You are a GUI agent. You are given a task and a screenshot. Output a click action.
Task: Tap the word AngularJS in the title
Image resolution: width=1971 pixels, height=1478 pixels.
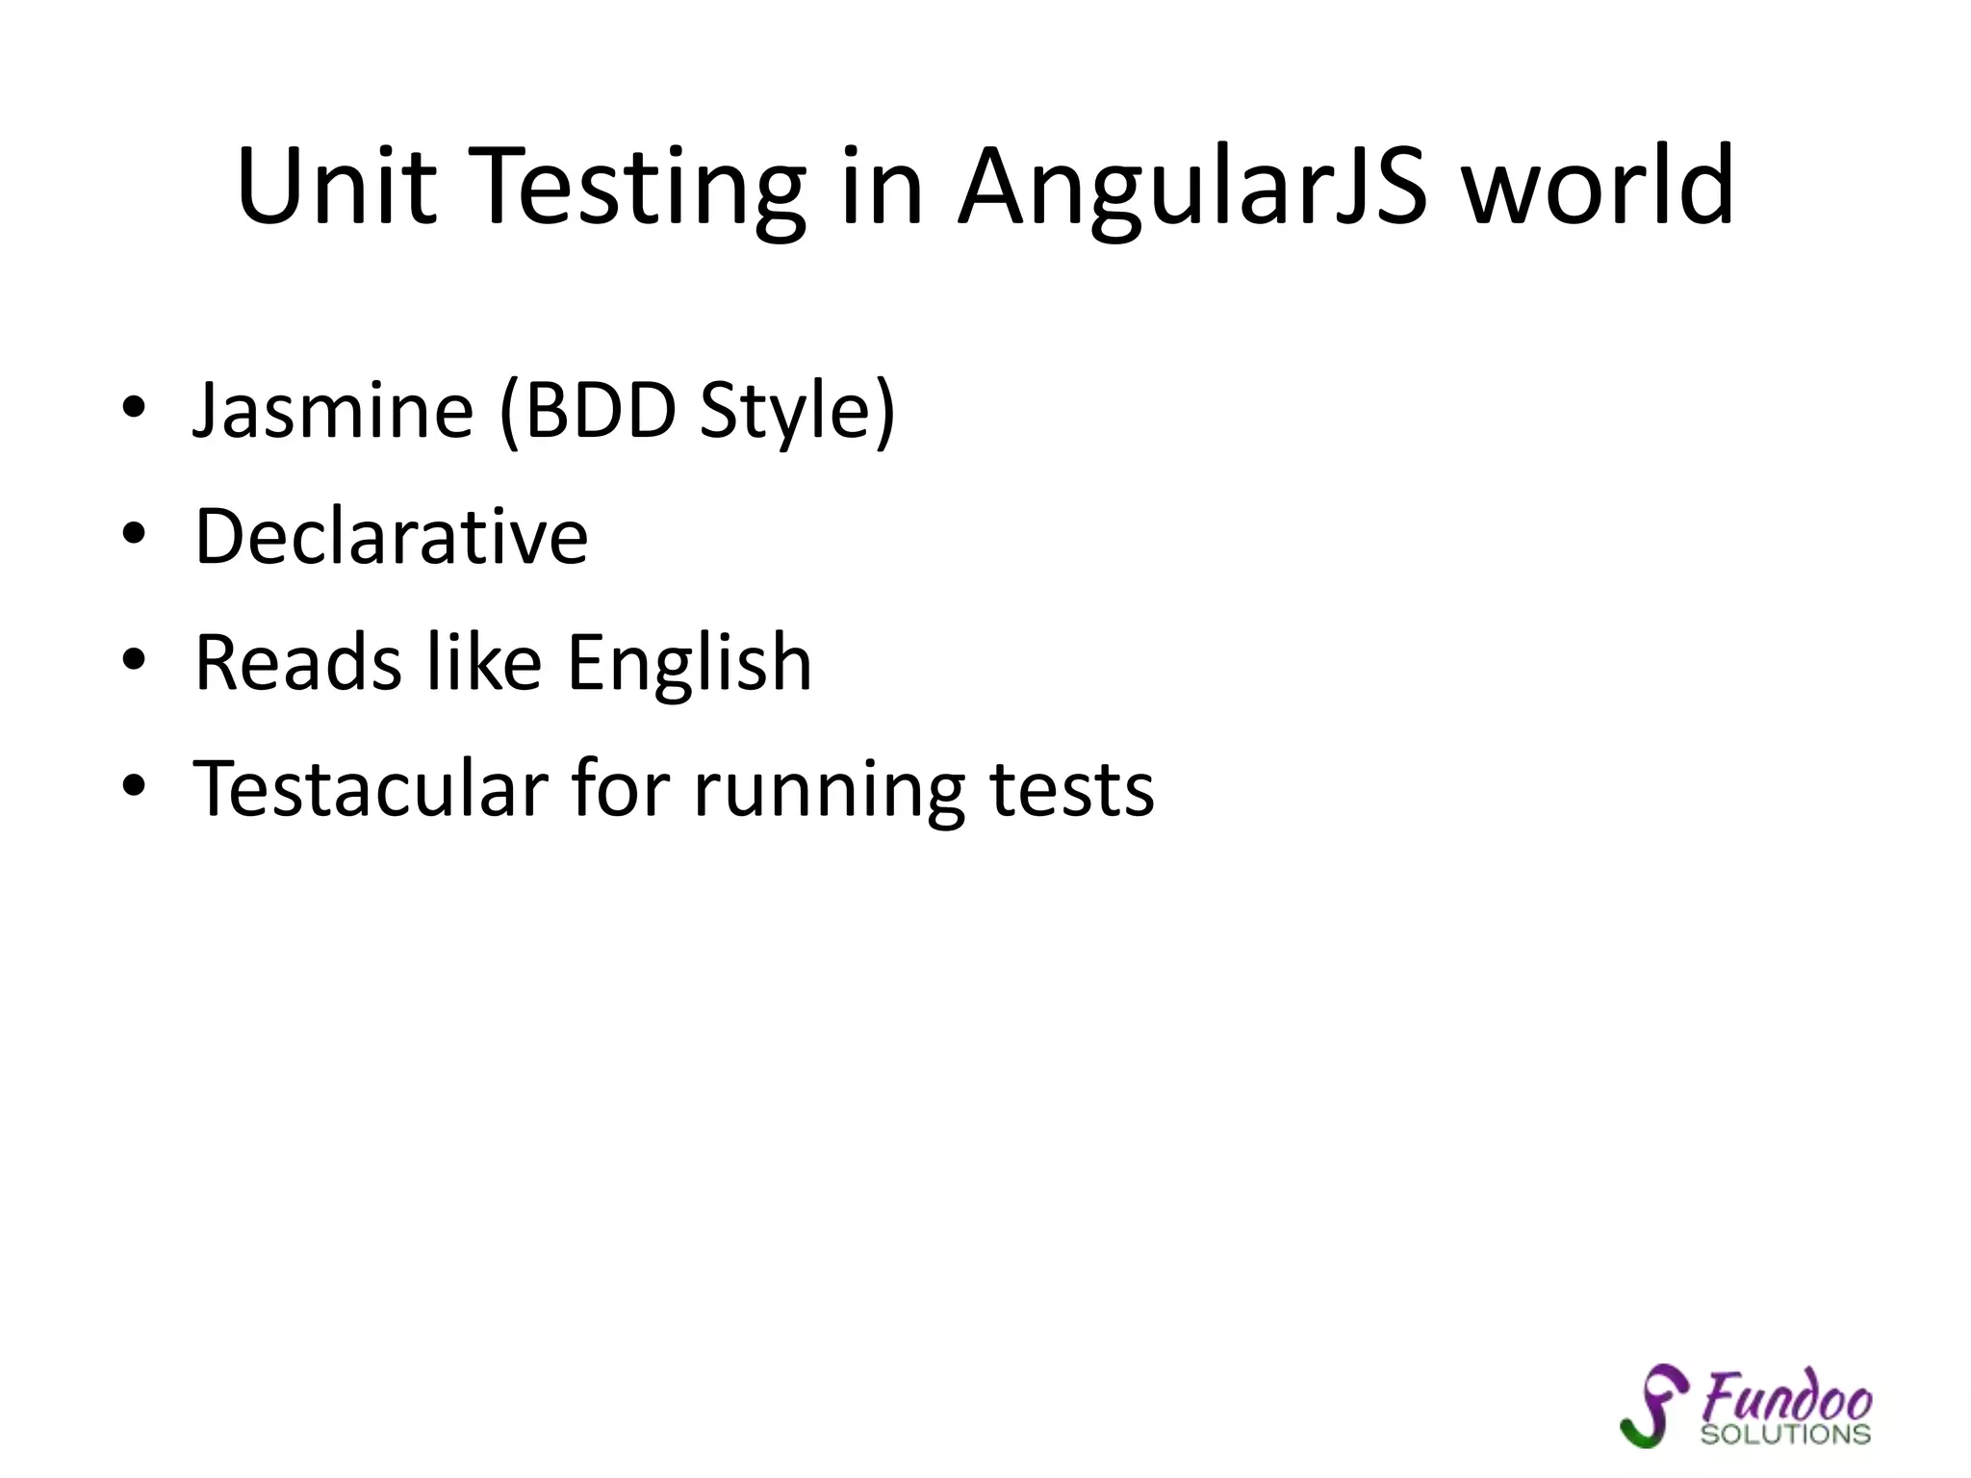click(x=1192, y=188)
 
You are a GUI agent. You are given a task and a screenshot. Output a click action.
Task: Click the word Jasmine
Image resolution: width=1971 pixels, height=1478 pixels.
click(x=333, y=411)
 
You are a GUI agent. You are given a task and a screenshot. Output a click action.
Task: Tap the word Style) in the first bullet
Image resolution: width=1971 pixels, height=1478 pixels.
click(x=798, y=413)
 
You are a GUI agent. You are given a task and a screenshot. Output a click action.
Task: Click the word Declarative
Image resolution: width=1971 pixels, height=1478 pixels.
click(x=391, y=536)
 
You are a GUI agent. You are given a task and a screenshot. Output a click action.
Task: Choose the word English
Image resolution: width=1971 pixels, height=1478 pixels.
click(x=689, y=664)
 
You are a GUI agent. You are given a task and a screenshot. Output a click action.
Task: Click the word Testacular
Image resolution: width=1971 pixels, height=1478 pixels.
click(x=371, y=788)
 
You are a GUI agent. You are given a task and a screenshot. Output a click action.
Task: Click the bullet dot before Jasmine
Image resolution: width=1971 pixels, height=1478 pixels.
click(x=134, y=409)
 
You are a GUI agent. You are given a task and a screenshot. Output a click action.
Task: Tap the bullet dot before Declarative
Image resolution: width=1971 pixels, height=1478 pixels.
click(x=134, y=534)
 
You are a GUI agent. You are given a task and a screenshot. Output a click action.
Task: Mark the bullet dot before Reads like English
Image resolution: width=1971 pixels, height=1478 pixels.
click(x=134, y=660)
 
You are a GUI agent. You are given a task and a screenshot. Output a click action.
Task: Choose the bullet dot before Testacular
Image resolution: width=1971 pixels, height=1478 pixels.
click(x=134, y=786)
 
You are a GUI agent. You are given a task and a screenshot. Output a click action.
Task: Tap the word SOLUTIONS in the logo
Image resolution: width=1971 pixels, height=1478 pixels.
click(x=1785, y=1434)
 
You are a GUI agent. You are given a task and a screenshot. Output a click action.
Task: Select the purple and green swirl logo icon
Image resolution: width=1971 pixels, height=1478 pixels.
click(x=1651, y=1405)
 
